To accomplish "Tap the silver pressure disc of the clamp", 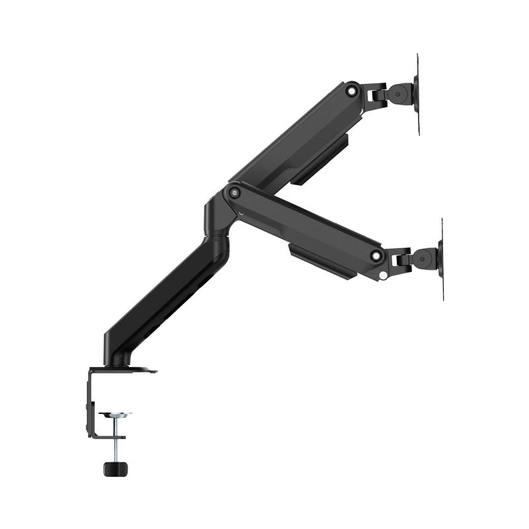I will [x=114, y=415].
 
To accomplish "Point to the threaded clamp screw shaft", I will [x=116, y=440].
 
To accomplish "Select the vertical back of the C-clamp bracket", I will [x=89, y=403].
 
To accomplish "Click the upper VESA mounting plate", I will [x=418, y=95].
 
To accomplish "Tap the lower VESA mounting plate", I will [x=442, y=259].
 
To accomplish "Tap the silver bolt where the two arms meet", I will [x=233, y=192].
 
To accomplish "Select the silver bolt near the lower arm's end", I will [x=375, y=255].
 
